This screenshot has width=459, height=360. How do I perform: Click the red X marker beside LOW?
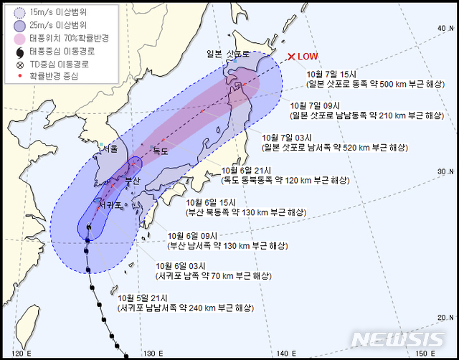click(291, 57)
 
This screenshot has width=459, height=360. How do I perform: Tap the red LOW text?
click(308, 57)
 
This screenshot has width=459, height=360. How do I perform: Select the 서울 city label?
click(110, 148)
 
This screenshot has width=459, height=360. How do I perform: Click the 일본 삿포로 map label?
click(228, 55)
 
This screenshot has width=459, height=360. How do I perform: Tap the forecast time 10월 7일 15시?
click(328, 72)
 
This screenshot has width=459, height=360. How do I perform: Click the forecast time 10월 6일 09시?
click(191, 235)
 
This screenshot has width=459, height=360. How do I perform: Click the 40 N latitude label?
click(443, 28)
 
